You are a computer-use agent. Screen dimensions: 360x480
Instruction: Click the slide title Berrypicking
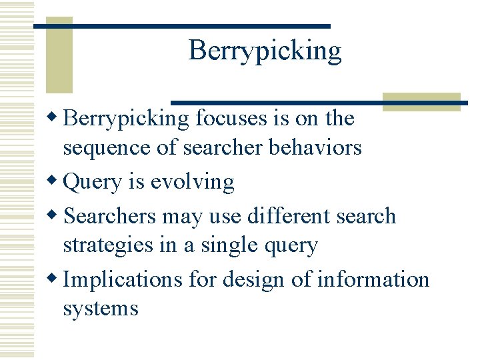pos(265,51)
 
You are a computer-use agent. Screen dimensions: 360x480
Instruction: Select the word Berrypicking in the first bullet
pos(126,119)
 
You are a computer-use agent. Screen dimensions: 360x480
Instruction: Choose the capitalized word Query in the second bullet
pos(93,182)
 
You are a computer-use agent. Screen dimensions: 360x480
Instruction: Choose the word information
pos(373,279)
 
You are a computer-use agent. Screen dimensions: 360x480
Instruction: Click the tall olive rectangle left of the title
pos(59,60)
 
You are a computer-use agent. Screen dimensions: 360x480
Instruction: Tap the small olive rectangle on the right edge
pos(421,101)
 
